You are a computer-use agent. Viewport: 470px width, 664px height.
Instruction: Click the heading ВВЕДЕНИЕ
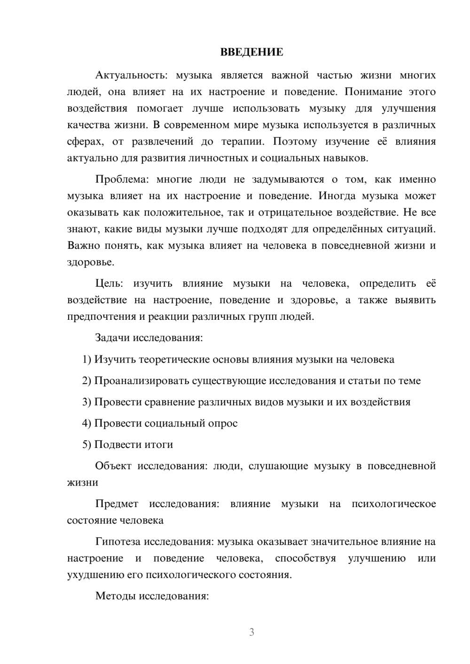251,52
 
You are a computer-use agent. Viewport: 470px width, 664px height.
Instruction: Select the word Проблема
121,179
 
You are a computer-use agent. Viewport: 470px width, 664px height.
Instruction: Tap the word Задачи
113,338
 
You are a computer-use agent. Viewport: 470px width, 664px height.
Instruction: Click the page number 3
251,632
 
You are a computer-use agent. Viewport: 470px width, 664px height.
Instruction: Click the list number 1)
87,360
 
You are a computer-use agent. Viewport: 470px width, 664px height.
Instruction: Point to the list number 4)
87,424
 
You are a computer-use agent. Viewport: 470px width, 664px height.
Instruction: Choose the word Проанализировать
142,381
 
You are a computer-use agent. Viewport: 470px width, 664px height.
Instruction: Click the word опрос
223,424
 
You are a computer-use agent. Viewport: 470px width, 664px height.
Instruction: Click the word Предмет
117,504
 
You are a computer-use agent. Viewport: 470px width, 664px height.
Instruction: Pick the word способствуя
305,558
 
